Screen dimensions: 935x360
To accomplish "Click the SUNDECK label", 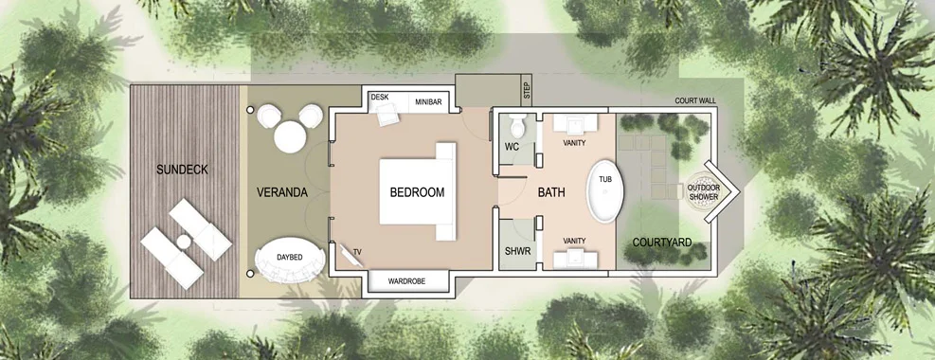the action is tap(182, 170).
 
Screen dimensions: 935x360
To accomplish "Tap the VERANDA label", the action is tap(282, 192).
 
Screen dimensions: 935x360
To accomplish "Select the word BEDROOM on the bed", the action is tap(417, 192).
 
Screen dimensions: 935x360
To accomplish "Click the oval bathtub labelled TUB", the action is tap(604, 190).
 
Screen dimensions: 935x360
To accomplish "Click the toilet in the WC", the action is tap(516, 124).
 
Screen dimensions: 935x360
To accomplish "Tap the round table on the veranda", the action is tap(290, 136).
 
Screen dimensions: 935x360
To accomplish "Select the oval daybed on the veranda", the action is tap(290, 261).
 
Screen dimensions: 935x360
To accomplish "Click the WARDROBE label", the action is tap(406, 280).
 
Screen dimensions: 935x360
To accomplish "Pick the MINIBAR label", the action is tap(428, 102).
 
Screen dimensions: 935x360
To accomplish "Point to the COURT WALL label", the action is tap(695, 100).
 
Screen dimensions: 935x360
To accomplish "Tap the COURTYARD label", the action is tap(662, 243).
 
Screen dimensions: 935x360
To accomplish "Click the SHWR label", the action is tap(517, 251).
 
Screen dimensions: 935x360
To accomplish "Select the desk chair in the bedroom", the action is tap(387, 114).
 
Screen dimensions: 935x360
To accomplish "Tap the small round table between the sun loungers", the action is tap(184, 242).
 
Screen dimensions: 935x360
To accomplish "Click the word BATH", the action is tap(551, 192).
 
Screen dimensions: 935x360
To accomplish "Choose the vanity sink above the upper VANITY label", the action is tap(575, 123).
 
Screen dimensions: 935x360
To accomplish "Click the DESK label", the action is tap(380, 97).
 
